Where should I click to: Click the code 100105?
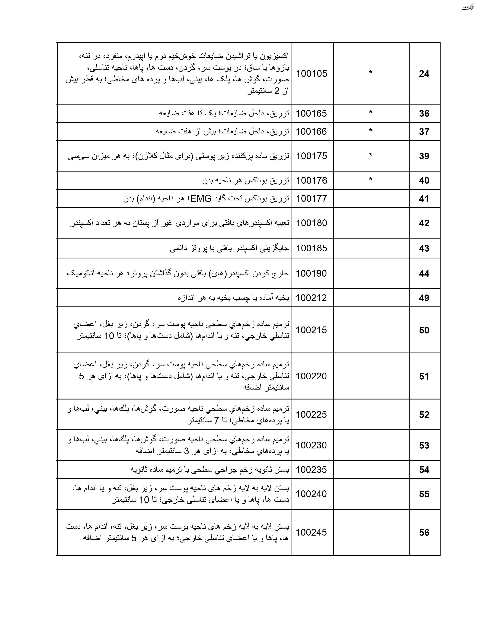click(311, 74)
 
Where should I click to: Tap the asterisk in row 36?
click(370, 113)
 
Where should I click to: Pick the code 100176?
click(311, 180)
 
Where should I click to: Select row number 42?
click(424, 223)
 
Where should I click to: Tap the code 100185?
click(311, 248)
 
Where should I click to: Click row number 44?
click(424, 274)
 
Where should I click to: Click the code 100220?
click(311, 376)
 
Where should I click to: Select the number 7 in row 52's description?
click(216, 420)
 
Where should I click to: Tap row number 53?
click(424, 445)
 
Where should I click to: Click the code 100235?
click(311, 470)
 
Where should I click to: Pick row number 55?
click(424, 494)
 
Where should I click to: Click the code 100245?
click(311, 532)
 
